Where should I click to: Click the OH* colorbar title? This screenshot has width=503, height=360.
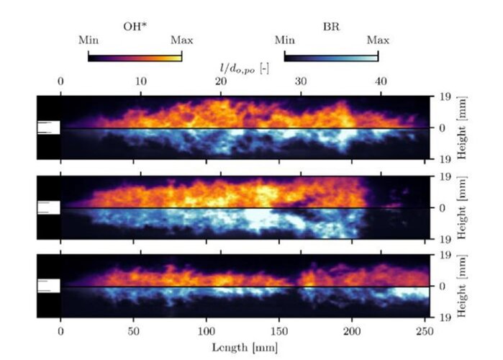tap(134, 27)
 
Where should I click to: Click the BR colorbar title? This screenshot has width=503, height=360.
tap(331, 27)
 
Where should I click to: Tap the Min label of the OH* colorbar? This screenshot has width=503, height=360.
tap(88, 40)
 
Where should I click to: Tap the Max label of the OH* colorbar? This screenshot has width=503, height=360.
tap(181, 40)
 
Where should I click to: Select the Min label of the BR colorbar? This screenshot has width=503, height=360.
tap(284, 40)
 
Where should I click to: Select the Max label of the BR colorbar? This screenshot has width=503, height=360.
tap(378, 40)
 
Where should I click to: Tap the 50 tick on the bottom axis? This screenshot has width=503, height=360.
tap(133, 333)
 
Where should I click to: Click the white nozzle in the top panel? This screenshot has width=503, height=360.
tap(48, 127)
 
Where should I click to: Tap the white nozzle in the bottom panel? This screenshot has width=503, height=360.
tap(48, 286)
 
